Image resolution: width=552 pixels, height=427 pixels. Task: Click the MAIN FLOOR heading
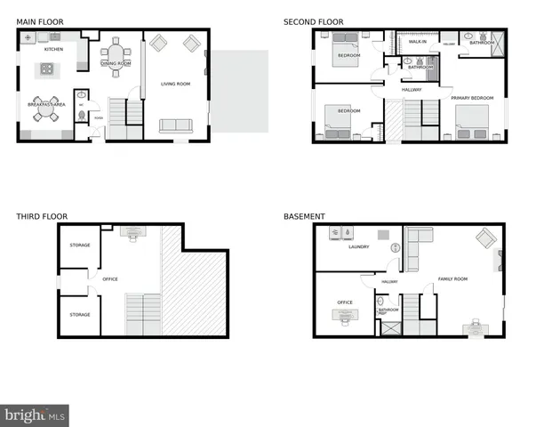(x=38, y=21)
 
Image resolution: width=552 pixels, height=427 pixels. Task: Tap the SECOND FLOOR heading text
(x=313, y=21)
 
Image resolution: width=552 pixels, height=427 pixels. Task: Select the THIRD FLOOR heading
(x=42, y=216)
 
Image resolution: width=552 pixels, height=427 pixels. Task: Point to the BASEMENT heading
(x=304, y=216)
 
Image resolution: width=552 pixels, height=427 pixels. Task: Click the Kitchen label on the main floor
(x=54, y=49)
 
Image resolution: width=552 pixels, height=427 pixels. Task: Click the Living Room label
(x=175, y=85)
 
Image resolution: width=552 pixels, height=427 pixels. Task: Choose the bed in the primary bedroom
(x=471, y=120)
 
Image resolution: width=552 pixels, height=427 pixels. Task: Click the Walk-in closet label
(x=417, y=42)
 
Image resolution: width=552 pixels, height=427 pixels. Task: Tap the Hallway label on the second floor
(x=412, y=89)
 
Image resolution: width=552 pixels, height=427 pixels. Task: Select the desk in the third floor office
(x=131, y=233)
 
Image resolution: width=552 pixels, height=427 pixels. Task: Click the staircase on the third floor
(x=142, y=314)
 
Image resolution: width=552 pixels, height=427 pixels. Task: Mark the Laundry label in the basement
(x=358, y=247)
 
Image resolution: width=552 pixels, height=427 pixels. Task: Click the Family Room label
(x=452, y=279)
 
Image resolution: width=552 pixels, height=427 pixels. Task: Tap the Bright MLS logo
(x=35, y=415)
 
